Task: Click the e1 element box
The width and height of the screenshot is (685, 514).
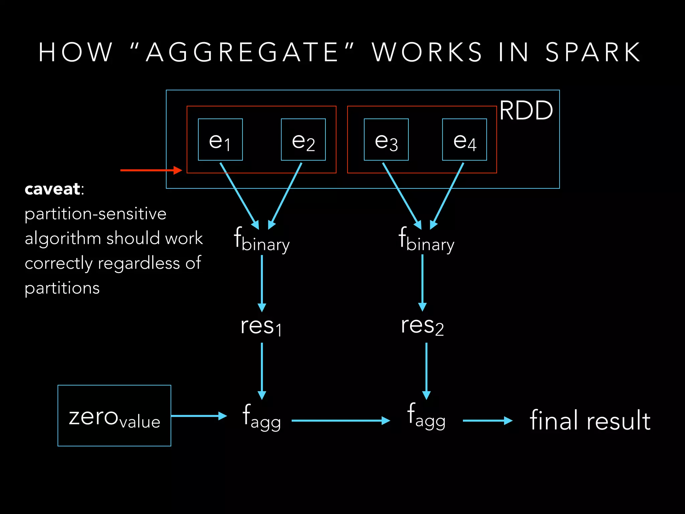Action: click(220, 140)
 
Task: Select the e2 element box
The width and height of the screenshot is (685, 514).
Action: click(303, 140)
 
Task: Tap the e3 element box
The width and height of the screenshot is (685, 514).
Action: click(386, 140)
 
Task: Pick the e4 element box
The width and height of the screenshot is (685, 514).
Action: click(464, 140)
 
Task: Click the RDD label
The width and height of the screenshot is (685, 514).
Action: click(526, 110)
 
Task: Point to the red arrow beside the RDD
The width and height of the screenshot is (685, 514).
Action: click(151, 170)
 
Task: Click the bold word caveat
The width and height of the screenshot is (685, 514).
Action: click(53, 189)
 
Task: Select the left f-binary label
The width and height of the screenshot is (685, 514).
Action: click(262, 240)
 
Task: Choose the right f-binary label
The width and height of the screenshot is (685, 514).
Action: click(426, 240)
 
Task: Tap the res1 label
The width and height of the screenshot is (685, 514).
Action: click(261, 326)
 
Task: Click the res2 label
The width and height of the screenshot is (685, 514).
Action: click(422, 326)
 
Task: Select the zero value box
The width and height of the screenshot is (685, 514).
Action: click(114, 416)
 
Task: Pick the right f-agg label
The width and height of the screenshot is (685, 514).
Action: click(426, 416)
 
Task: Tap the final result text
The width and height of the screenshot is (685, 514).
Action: click(590, 420)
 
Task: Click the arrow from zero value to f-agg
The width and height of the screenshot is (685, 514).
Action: click(199, 416)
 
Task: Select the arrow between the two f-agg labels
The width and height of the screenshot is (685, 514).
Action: click(340, 421)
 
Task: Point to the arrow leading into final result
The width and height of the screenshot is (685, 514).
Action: click(487, 421)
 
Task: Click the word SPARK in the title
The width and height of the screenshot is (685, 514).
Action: click(593, 53)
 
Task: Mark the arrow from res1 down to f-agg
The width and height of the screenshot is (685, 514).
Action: click(262, 371)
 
